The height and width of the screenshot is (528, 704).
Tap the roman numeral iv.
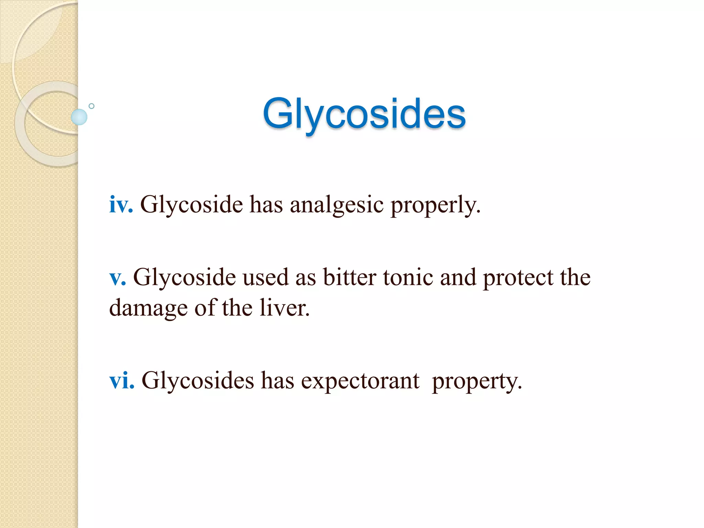pyautogui.click(x=121, y=205)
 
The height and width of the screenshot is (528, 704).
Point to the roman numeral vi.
pyautogui.click(x=121, y=381)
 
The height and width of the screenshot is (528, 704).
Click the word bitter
pyautogui.click(x=350, y=277)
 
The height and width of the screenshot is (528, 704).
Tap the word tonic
pyautogui.click(x=408, y=277)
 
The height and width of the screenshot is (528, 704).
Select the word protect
pyautogui.click(x=518, y=278)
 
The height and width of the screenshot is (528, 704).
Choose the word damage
pyautogui.click(x=148, y=308)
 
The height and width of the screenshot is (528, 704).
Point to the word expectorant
pyautogui.click(x=360, y=381)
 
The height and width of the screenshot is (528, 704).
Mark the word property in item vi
pyautogui.click(x=477, y=382)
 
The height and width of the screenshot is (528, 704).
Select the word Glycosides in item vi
pyautogui.click(x=198, y=381)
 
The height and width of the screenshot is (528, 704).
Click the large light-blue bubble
pyautogui.click(x=79, y=117)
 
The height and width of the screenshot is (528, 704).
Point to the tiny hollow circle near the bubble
pyautogui.click(x=91, y=106)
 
